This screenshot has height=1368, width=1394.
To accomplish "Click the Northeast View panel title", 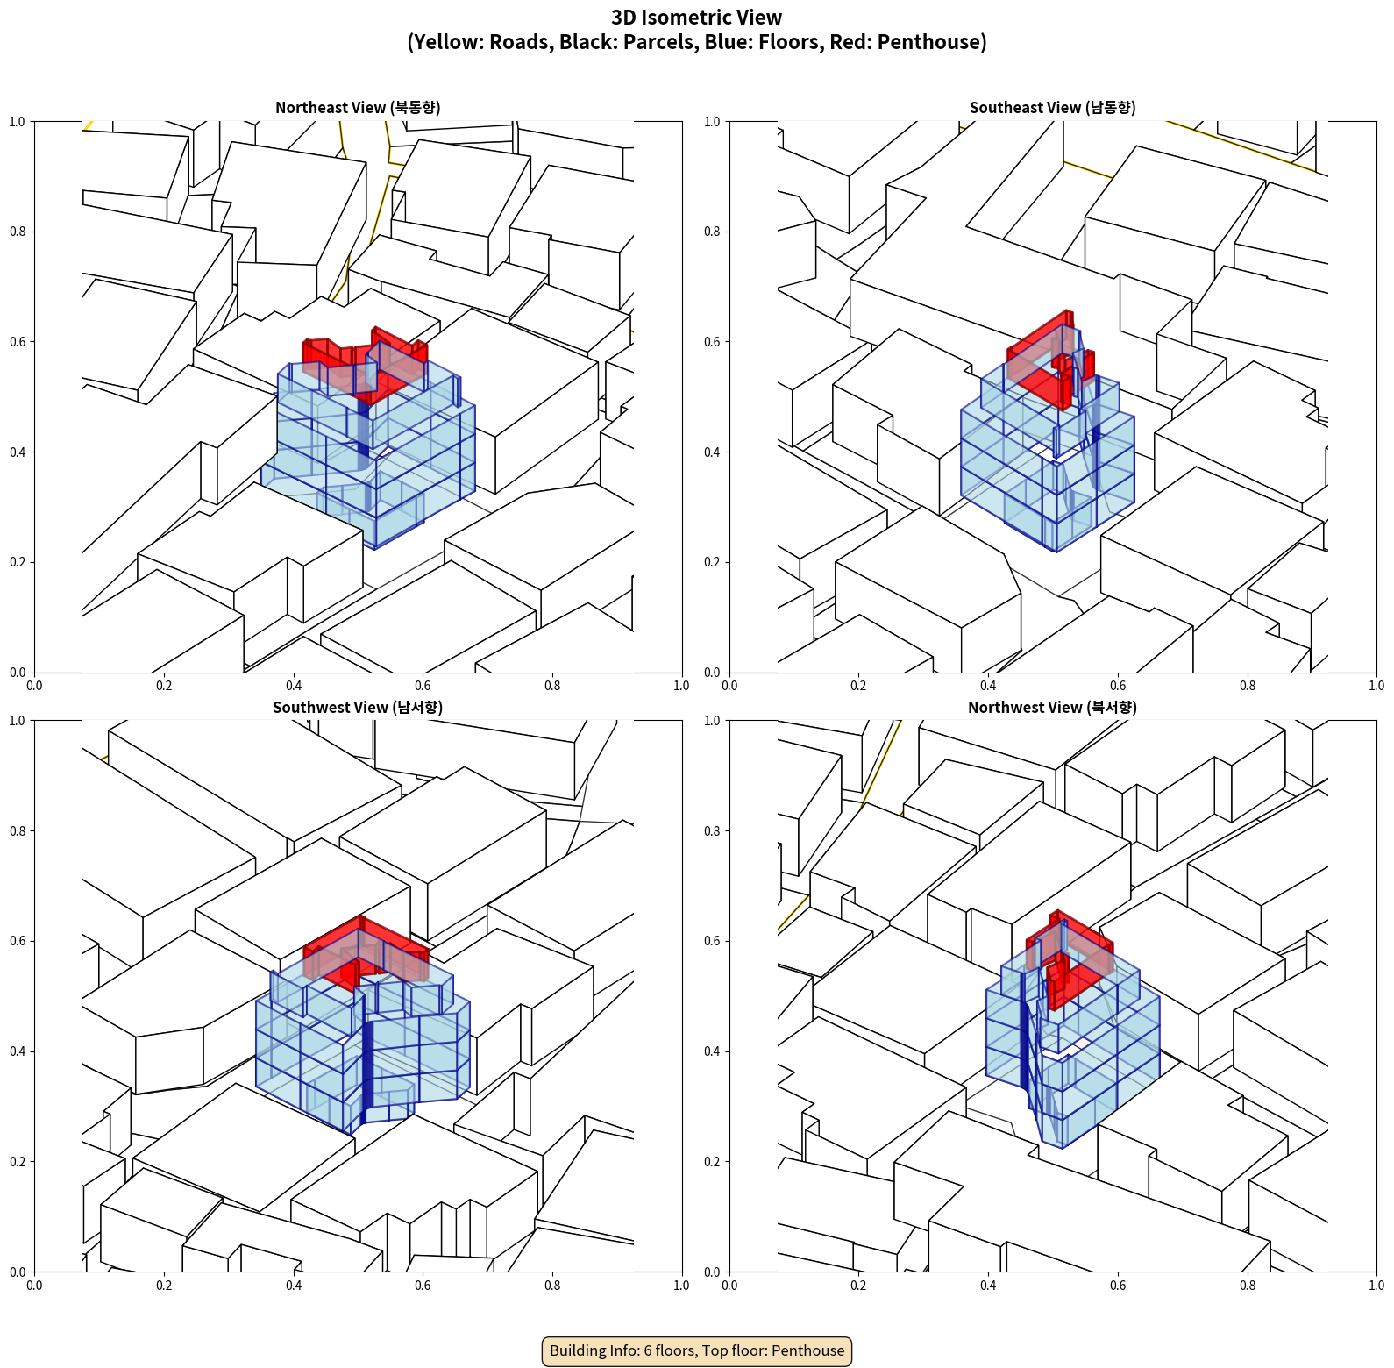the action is [x=358, y=107].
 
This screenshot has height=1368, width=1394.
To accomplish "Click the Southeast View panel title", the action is [x=1052, y=107].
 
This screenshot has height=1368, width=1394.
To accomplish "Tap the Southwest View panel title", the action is [x=358, y=707].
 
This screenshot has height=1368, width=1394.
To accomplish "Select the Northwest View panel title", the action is [x=1052, y=707].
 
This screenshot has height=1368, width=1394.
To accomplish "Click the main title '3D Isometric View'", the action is [x=696, y=18].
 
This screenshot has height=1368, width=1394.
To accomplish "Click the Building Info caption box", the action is [x=697, y=1350].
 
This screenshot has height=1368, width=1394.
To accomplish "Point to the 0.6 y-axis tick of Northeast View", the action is [x=18, y=342].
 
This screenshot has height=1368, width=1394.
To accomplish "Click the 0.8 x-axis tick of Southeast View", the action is [x=1248, y=686].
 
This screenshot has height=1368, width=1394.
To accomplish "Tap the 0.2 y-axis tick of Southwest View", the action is [x=18, y=1162].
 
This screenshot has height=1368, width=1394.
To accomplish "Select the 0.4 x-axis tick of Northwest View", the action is [x=988, y=1286].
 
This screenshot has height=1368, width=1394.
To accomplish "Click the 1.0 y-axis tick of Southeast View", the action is [x=712, y=122].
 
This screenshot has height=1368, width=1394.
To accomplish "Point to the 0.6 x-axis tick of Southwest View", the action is [x=423, y=1286].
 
